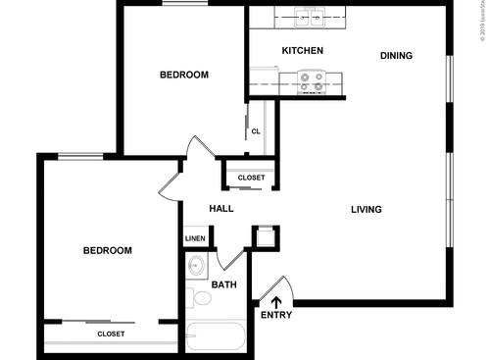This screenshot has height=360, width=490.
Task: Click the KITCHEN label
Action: click(303, 50)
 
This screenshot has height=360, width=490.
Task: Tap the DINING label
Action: click(396, 56)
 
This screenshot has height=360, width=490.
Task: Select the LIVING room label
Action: click(367, 209)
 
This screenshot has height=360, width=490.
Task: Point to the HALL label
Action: click(221, 208)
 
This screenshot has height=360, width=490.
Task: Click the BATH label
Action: click(224, 285)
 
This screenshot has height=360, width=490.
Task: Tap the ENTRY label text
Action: click(275, 315)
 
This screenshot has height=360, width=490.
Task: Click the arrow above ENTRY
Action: click(275, 301)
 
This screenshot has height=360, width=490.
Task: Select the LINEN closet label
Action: click(195, 238)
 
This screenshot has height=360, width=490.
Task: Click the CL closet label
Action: click(256, 130)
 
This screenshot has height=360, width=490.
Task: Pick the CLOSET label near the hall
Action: click(252, 178)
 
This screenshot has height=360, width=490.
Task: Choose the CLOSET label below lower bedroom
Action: click(111, 334)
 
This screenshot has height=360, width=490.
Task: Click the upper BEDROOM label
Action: click(183, 75)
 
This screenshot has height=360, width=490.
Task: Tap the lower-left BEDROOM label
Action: click(107, 250)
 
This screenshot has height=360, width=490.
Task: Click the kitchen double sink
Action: click(311, 17)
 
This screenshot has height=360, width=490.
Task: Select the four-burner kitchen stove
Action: click(312, 81)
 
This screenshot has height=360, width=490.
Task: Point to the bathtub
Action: click(217, 337)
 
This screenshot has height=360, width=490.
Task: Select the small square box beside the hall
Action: click(265, 235)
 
